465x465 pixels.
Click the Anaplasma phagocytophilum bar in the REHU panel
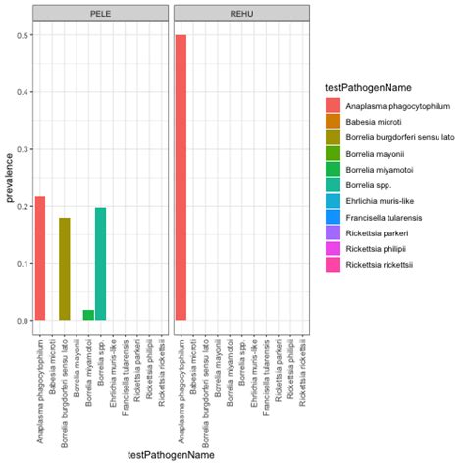tap(181, 178)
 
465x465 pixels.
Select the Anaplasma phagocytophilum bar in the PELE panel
tap(40, 258)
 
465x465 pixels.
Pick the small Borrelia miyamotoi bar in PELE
tap(89, 315)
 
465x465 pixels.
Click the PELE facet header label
tap(100, 13)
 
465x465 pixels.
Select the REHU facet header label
tap(241, 13)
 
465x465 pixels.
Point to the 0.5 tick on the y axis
tap(21, 35)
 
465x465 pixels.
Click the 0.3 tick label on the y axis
tap(21, 149)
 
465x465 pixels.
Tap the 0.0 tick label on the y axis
tap(21, 321)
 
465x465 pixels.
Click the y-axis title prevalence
tap(9, 178)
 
